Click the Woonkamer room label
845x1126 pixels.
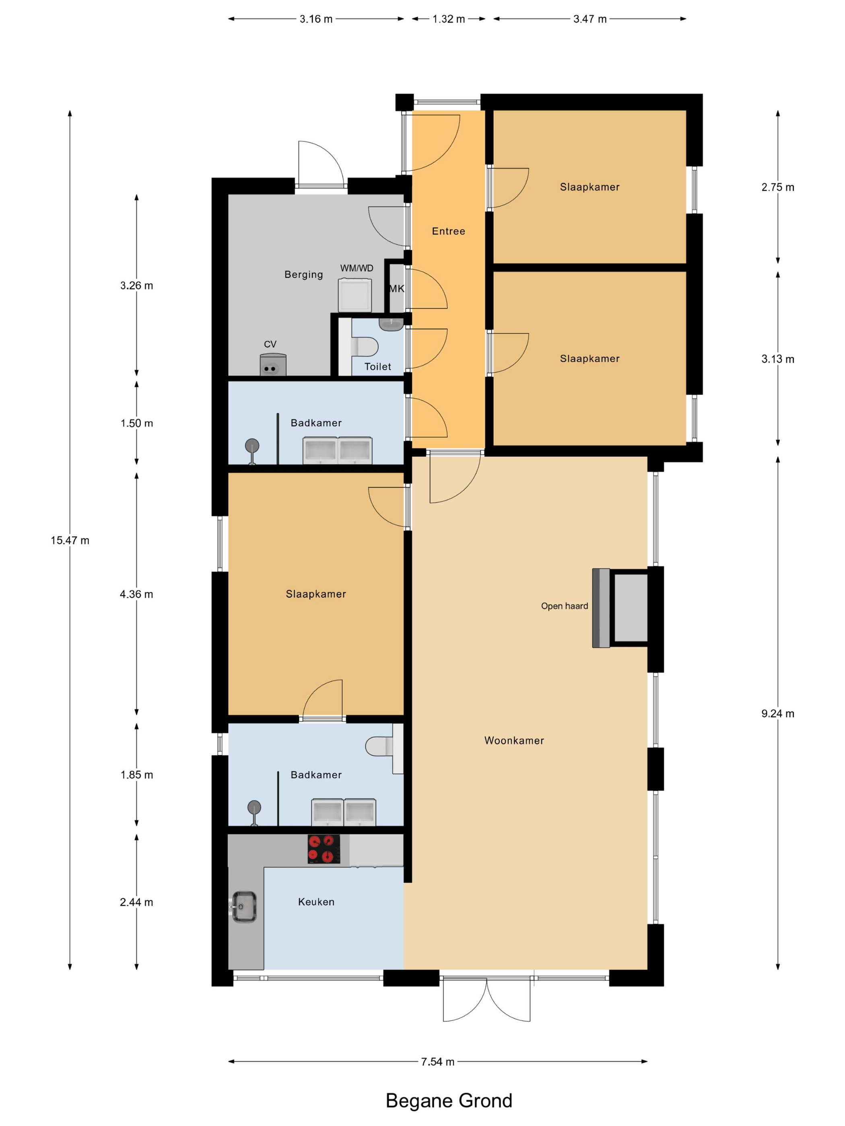pyautogui.click(x=514, y=741)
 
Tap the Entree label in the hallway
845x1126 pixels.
pyautogui.click(x=448, y=231)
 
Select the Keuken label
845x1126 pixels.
pyautogui.click(x=316, y=902)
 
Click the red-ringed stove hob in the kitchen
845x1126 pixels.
pyautogui.click(x=324, y=849)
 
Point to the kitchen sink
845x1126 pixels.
pyautogui.click(x=244, y=906)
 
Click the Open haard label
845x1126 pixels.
pyautogui.click(x=565, y=606)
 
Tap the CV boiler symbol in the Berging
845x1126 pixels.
pyautogui.click(x=273, y=364)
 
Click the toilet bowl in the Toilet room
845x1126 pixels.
pyautogui.click(x=364, y=347)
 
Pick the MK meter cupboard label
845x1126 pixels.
pyautogui.click(x=397, y=289)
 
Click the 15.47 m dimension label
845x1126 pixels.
pyautogui.click(x=70, y=540)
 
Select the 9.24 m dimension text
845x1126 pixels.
pyautogui.click(x=778, y=714)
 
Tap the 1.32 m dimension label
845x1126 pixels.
pyautogui.click(x=448, y=19)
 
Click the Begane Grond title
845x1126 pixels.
pyautogui.click(x=449, y=1101)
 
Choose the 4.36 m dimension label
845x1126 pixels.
pyautogui.click(x=136, y=594)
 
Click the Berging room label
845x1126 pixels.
pyautogui.click(x=303, y=274)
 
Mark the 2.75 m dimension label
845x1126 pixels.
pyautogui.click(x=778, y=187)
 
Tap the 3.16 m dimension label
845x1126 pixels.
pyautogui.click(x=316, y=19)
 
